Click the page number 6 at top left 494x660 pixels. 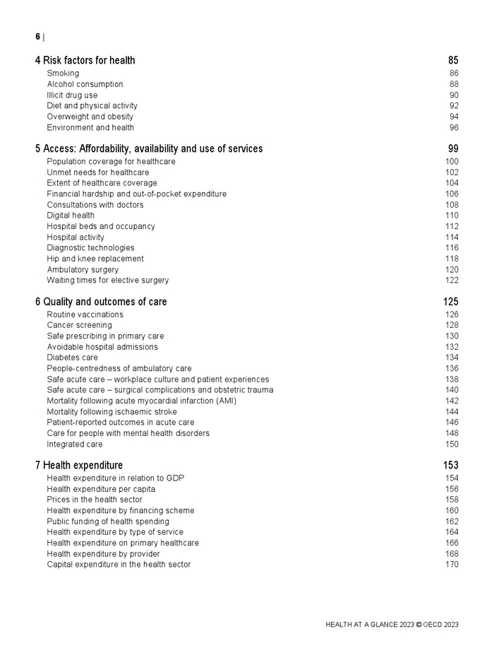tap(38, 37)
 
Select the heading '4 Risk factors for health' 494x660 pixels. tap(85, 61)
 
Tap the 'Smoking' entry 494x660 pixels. tap(63, 73)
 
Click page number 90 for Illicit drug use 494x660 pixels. tap(454, 95)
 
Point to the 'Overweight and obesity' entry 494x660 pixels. tap(90, 117)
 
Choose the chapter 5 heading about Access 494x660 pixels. tap(149, 149)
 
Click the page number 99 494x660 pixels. tap(453, 149)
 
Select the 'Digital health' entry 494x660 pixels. tap(71, 216)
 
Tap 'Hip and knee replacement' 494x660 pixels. tap(95, 259)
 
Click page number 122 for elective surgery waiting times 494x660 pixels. tap(452, 281)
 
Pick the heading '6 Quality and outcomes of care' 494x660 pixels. tap(101, 302)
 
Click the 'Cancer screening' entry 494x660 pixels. tap(79, 325)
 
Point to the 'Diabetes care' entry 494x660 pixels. tap(73, 358)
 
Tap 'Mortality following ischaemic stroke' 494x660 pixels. tap(112, 412)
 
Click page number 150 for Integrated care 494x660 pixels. tap(452, 444)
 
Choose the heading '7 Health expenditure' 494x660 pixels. tap(79, 466)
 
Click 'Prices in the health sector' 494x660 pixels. tap(95, 500)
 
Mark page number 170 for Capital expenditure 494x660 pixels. tap(452, 565)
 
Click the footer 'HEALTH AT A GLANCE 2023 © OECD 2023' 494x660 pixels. tap(392, 625)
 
